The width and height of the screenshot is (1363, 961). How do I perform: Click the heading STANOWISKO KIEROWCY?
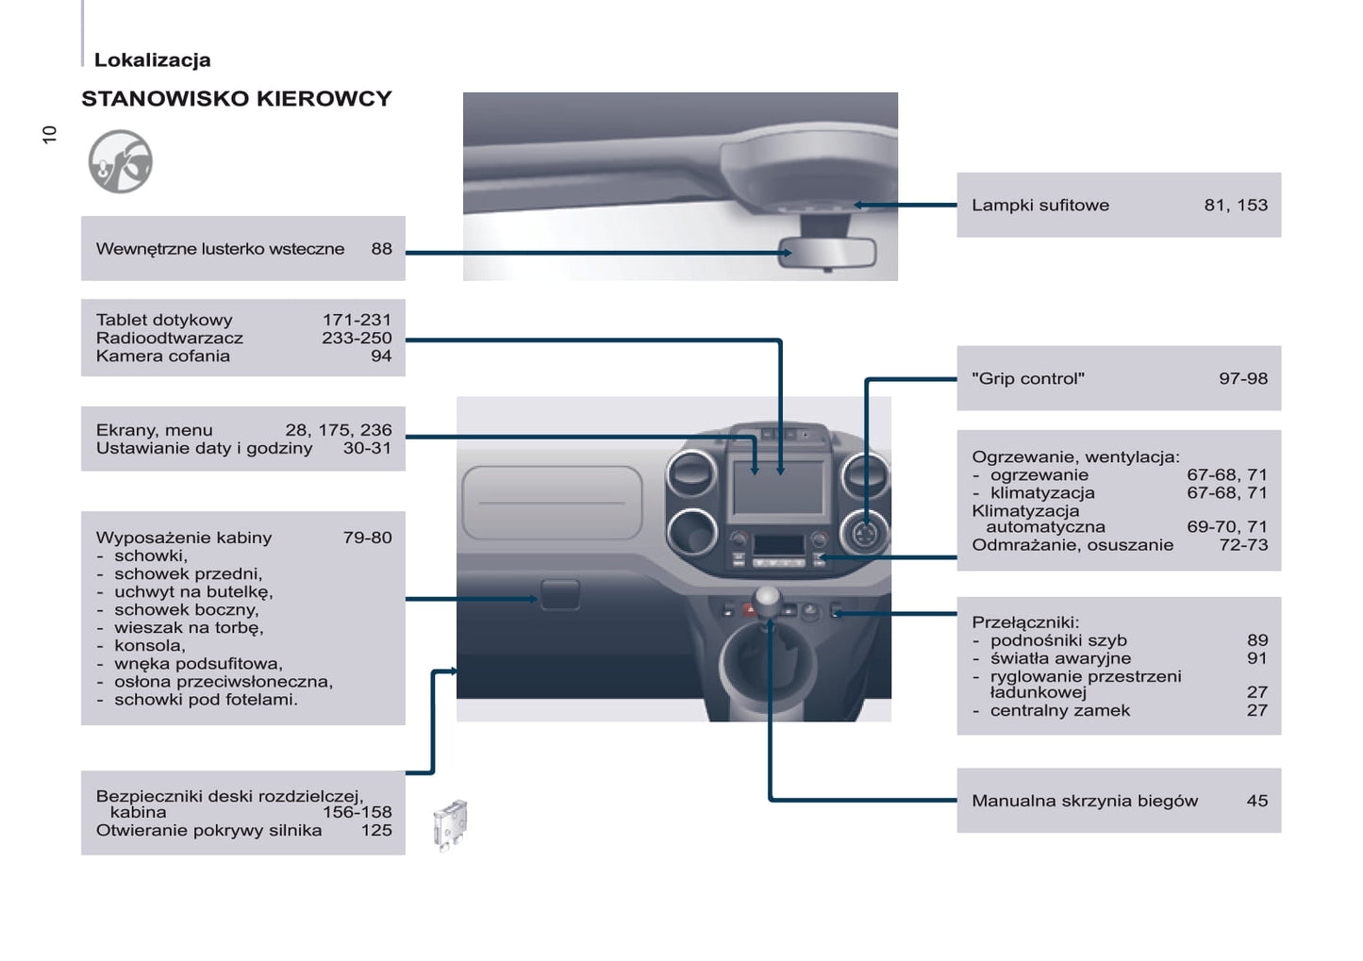[x=236, y=99]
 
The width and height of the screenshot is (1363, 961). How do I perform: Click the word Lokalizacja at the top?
[x=152, y=60]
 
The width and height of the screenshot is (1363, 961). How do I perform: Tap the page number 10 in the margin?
[x=50, y=134]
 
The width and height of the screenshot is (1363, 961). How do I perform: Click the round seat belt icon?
[x=121, y=161]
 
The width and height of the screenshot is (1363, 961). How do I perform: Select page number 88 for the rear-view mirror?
[x=381, y=249]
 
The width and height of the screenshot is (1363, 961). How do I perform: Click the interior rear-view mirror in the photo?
[x=828, y=253]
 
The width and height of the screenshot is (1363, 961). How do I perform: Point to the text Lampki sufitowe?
[x=1040, y=206]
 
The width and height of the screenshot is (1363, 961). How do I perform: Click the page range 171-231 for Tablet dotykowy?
[x=357, y=320]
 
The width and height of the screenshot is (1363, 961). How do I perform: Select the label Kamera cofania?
[x=163, y=356]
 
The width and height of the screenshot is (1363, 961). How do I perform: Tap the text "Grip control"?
[x=1028, y=379]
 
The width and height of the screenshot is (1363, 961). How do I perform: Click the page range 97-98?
[x=1243, y=379]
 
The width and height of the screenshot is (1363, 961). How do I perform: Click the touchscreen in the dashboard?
[x=777, y=487]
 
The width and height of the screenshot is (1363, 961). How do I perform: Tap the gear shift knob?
[x=767, y=599]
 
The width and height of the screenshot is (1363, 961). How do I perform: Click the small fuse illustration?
[x=451, y=824]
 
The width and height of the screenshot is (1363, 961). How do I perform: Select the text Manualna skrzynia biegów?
[x=1085, y=802]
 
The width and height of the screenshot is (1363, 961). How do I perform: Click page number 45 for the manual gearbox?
[x=1256, y=802]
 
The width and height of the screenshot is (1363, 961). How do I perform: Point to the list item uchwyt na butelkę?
[x=193, y=592]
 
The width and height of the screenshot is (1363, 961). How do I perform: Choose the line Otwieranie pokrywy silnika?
[x=208, y=831]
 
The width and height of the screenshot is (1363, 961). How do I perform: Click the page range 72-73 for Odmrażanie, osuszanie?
[x=1243, y=545]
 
